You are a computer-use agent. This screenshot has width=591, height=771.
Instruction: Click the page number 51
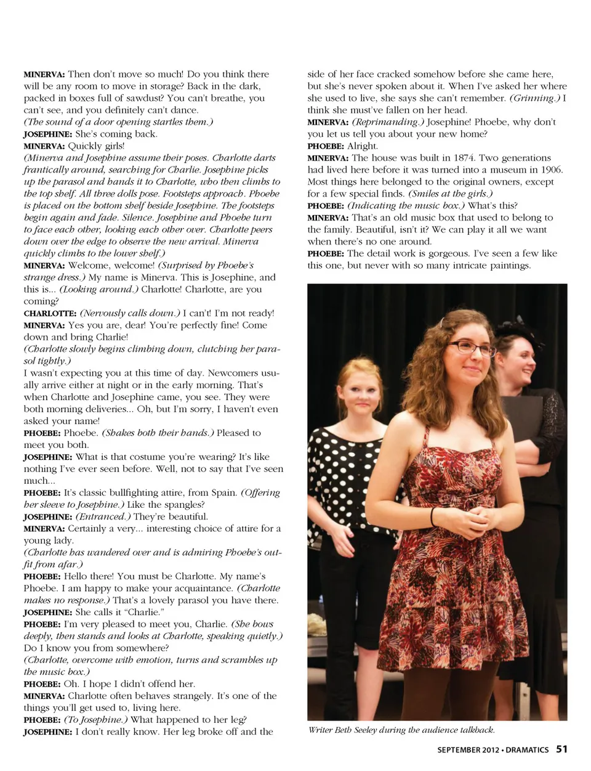(x=561, y=749)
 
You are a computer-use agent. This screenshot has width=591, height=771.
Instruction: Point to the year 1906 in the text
(x=549, y=169)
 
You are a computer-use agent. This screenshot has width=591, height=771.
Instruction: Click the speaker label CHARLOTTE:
(x=50, y=313)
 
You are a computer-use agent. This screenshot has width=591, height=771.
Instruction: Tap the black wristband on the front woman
(x=433, y=516)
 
